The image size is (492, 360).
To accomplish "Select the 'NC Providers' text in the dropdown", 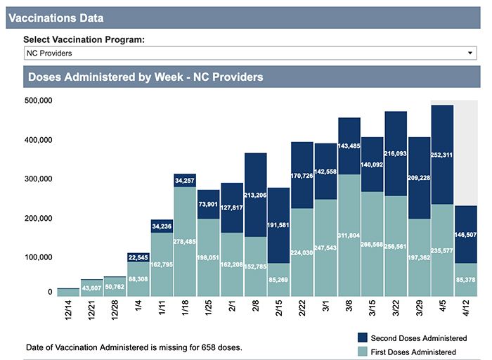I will tap(50, 53).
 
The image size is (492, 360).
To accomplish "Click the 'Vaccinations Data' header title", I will tap(56, 18).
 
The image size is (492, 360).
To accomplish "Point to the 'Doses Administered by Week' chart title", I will tap(145, 77).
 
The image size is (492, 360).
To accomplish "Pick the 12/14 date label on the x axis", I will tap(68, 310).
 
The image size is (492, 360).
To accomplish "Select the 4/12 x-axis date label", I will tap(466, 310).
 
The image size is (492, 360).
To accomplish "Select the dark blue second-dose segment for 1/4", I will tap(138, 257).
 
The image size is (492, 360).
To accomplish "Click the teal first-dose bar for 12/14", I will tap(68, 292).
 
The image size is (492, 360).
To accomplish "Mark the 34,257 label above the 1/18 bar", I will tap(185, 180).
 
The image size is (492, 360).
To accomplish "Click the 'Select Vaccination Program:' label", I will tap(84, 39).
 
